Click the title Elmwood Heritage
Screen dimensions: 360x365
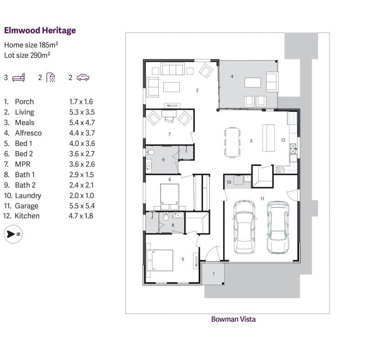tap(40, 31)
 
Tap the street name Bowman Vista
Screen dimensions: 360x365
tap(233, 319)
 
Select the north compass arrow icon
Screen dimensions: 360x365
tap(13, 234)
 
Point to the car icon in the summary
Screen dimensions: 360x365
tap(83, 77)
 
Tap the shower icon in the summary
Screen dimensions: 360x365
tap(51, 77)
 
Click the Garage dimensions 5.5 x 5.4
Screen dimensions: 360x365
tap(81, 206)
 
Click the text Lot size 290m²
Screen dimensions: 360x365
tap(27, 55)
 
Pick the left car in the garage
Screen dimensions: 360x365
tap(245, 227)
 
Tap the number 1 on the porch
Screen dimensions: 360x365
tap(214, 273)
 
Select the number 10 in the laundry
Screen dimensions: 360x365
tap(229, 182)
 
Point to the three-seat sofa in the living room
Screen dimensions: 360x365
tap(172, 69)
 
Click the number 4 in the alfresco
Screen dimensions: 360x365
tap(232, 76)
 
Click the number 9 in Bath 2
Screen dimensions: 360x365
tap(163, 159)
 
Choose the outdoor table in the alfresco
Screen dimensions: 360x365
tap(253, 82)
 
